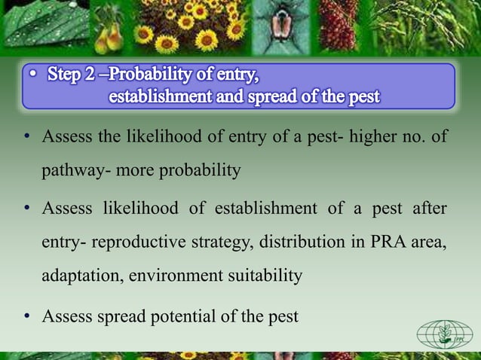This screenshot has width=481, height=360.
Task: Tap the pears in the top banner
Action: click(x=122, y=32)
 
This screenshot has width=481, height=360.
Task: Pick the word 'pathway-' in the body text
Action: click(x=72, y=170)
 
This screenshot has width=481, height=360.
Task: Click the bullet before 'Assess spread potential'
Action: click(x=28, y=316)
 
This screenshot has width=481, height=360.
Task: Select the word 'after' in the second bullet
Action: click(x=429, y=208)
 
